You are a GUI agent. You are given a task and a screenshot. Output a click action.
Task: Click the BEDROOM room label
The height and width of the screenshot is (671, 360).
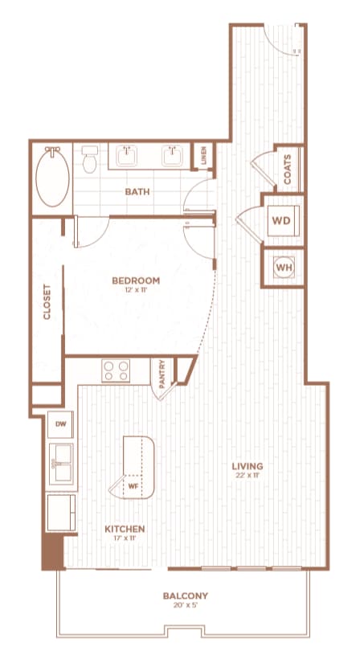135,280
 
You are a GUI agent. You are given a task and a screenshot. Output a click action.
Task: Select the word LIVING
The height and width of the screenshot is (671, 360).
247,466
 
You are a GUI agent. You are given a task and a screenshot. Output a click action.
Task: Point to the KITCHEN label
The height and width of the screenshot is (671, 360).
125,529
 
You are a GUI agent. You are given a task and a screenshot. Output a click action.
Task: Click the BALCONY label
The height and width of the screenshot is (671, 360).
186,595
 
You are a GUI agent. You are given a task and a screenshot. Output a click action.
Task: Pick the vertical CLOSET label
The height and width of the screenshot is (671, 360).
47,302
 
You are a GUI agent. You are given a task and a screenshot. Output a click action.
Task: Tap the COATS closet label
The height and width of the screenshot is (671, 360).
288,169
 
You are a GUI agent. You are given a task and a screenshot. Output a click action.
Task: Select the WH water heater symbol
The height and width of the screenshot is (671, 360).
283,266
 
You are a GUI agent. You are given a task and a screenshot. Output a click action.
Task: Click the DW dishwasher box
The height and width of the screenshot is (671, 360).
60,423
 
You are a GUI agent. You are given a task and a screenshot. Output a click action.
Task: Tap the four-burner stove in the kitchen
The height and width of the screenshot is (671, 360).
117,370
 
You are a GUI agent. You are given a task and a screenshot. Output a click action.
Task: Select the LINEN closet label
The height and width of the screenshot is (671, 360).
204,155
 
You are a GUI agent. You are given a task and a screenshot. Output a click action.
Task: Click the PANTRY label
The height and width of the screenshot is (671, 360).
162,374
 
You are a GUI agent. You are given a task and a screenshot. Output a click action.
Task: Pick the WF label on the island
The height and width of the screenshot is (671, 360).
133,485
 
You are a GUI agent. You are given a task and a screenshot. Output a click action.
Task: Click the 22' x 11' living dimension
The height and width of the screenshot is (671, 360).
247,477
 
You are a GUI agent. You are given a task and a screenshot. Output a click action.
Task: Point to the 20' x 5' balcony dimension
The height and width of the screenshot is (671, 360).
186,607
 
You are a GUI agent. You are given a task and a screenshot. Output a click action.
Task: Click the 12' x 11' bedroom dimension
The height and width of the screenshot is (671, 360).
135,291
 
